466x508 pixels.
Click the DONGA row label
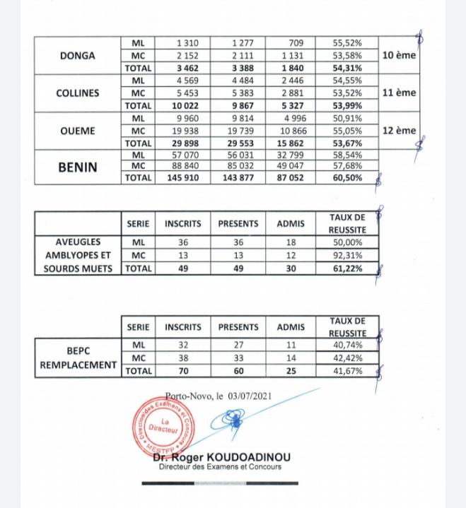(78, 55)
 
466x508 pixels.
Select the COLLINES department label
(78, 93)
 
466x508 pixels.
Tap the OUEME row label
(78, 131)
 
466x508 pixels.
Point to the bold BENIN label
(78, 168)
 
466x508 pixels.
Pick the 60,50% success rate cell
(347, 178)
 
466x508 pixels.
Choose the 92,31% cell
(347, 255)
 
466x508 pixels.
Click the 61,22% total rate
(347, 268)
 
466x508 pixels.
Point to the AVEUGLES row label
(78, 242)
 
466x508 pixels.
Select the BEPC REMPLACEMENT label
(78, 358)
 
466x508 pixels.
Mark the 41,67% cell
(347, 370)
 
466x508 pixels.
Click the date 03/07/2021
(250, 397)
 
